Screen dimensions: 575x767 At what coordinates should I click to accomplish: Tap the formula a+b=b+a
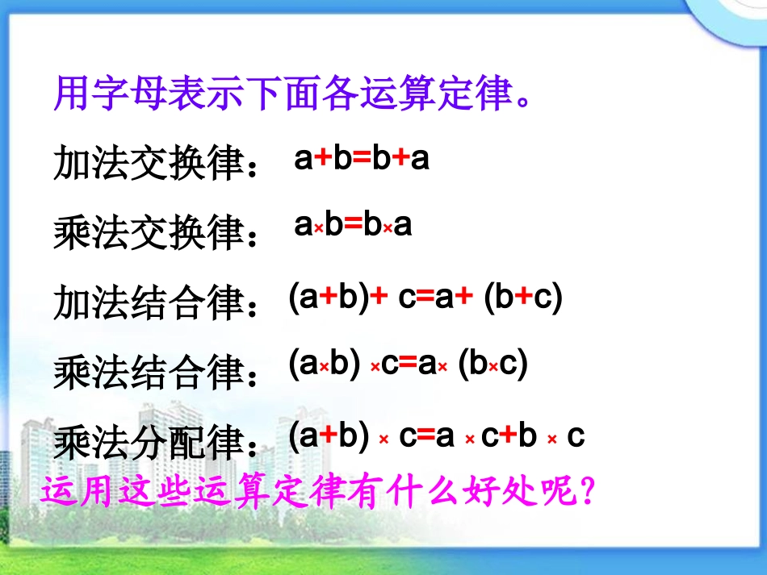tap(361, 159)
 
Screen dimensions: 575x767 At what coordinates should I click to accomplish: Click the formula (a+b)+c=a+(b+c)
tap(425, 298)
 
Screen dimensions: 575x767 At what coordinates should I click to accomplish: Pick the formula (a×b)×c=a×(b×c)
tap(408, 365)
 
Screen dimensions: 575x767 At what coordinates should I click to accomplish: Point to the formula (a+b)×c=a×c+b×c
tap(436, 436)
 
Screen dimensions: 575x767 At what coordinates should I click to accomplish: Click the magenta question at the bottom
tap(318, 491)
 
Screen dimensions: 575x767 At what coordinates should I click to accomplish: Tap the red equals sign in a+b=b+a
tap(362, 160)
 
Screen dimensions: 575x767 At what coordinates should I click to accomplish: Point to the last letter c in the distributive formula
tap(576, 436)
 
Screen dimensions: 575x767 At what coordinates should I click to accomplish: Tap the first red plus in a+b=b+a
tap(323, 160)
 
